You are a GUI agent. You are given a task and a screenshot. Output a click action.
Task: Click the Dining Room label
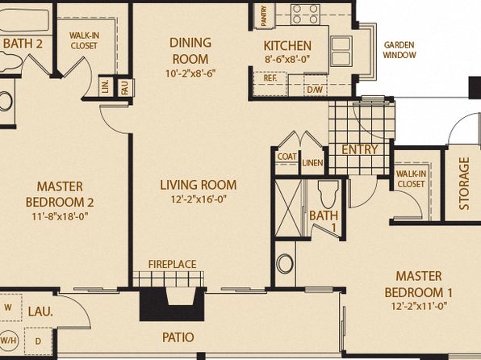(190, 51)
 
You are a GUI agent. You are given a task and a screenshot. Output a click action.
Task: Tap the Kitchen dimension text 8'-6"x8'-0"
(287, 59)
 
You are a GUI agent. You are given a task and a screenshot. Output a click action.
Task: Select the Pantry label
(264, 16)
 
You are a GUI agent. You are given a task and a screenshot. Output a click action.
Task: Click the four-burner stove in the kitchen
(305, 14)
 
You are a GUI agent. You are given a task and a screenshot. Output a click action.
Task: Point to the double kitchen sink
(341, 51)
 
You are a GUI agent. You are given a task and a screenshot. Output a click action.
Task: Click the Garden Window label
(399, 50)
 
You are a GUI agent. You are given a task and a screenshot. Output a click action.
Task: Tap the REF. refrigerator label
(270, 78)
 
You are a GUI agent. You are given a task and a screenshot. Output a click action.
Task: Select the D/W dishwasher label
(315, 90)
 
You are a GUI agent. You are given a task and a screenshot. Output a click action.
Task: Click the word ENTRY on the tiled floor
(359, 149)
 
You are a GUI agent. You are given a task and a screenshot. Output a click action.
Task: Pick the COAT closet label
(287, 157)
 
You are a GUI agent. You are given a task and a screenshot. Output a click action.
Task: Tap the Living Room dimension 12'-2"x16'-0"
(199, 199)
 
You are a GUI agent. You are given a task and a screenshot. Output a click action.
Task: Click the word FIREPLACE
(172, 264)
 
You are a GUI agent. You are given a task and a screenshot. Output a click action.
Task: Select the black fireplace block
(172, 304)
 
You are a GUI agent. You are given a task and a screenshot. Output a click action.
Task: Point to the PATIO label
(178, 337)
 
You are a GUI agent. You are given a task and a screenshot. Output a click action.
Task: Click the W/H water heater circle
(9, 341)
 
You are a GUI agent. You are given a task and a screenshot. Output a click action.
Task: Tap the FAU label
(124, 87)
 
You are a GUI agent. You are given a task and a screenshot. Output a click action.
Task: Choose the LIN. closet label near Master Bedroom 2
(106, 87)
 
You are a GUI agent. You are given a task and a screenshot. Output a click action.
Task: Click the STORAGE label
(464, 183)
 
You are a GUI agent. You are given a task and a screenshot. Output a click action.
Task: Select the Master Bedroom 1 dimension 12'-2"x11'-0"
(419, 306)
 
